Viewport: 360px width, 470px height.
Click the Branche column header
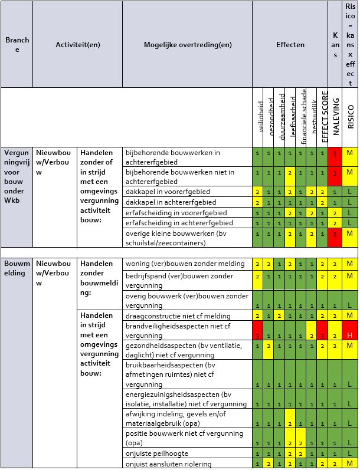coord(17,45)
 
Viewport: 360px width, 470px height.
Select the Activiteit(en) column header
coord(78,45)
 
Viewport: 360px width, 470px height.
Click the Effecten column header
coord(290,45)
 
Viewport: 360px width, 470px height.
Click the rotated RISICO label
coord(351,117)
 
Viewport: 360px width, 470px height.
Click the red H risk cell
coord(351,331)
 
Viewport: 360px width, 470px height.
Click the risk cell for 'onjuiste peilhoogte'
coord(351,453)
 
